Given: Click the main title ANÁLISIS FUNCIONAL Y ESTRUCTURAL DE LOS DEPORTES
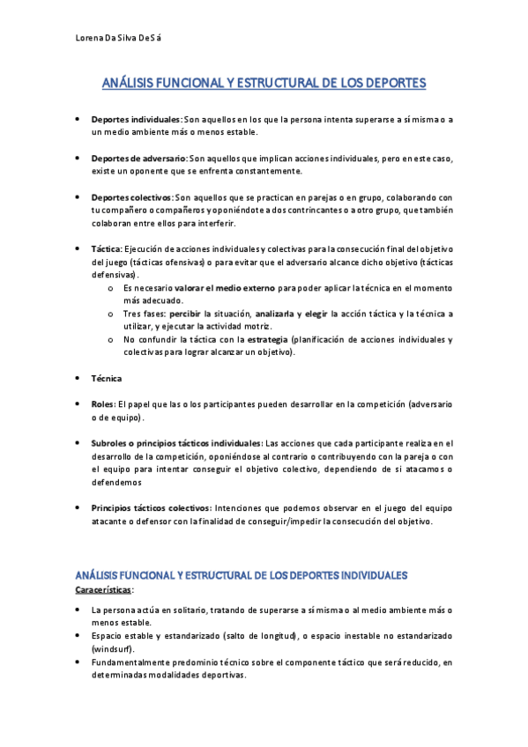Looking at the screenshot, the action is click(x=264, y=84).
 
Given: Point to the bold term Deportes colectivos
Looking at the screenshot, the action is click(x=132, y=198).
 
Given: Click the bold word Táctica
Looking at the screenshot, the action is click(x=106, y=249).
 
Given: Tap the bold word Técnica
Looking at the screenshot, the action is click(x=107, y=378).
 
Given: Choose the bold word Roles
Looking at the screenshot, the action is click(x=102, y=403).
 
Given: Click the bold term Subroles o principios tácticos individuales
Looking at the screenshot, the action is click(x=176, y=443).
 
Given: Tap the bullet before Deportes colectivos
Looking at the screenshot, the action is click(x=78, y=198).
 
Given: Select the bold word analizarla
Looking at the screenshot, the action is click(x=276, y=314).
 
